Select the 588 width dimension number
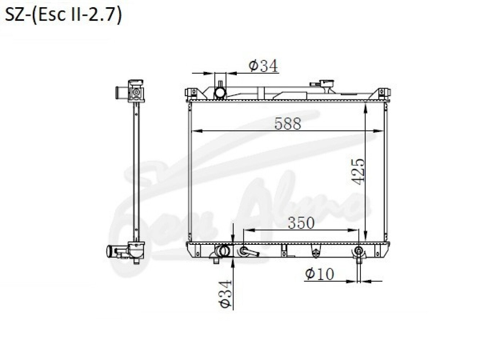tap(288, 123)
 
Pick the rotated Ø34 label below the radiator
tap(225, 294)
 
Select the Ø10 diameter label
tap(320, 274)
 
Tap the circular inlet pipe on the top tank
tap(220, 93)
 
